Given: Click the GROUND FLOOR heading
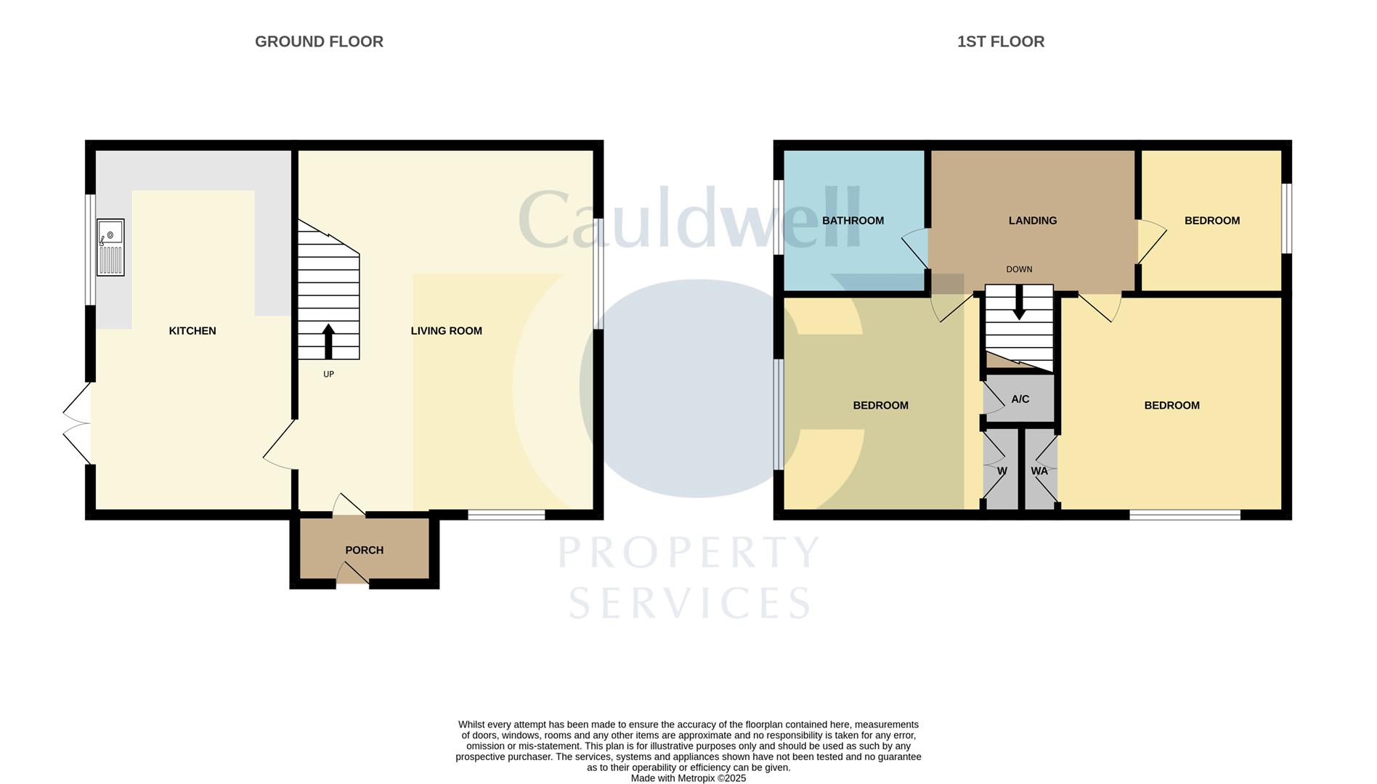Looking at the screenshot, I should tap(319, 42).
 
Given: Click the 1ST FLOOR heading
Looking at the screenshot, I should tap(1000, 42).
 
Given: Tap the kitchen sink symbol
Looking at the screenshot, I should tap(110, 247).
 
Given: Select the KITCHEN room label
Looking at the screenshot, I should tap(192, 331).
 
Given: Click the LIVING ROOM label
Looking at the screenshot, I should tap(446, 331).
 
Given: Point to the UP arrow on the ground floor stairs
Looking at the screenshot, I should tap(328, 340).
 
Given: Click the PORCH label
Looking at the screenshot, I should tap(364, 550).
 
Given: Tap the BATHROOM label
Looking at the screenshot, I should tap(853, 221).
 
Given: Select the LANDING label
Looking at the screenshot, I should tap(1032, 221).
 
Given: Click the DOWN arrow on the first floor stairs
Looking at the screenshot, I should tap(1019, 303).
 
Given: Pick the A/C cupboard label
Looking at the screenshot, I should tap(1020, 399).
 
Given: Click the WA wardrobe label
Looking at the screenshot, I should tap(1039, 471).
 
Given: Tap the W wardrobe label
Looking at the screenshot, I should tap(1002, 471).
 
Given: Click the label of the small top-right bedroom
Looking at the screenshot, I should tap(1211, 221).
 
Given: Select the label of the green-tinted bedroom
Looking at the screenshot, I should tap(880, 406).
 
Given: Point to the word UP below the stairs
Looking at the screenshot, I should tap(328, 375).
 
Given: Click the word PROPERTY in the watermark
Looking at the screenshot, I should tap(688, 553).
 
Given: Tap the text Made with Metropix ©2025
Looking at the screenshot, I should tap(688, 778).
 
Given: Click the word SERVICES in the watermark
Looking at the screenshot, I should tap(688, 603).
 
